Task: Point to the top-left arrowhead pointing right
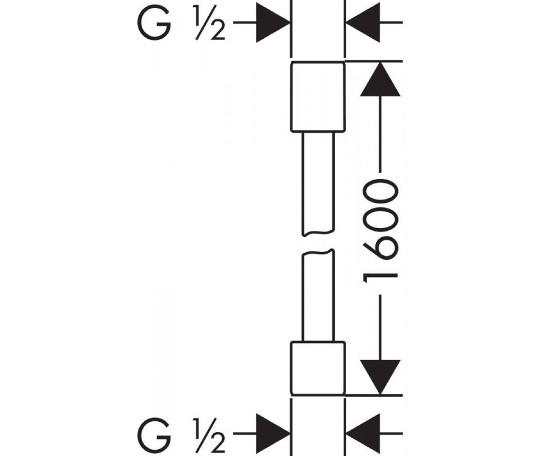tap(273, 22)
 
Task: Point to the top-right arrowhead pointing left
tap(363, 22)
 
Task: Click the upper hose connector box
tap(317, 96)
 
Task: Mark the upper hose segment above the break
tap(318, 183)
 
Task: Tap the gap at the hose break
tap(318, 243)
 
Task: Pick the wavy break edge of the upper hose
tap(318, 233)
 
